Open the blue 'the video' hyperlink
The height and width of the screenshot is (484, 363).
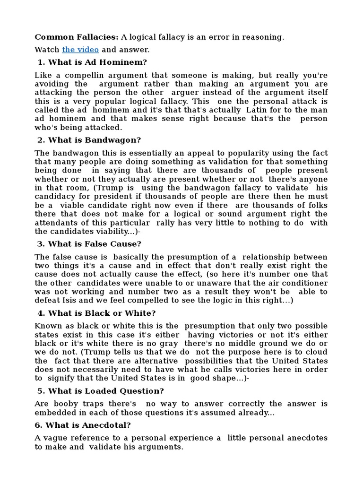[80, 50]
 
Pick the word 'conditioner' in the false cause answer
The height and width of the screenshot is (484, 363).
[303, 283]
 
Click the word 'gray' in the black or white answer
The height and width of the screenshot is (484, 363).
[168, 344]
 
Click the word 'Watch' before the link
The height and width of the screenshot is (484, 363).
[47, 50]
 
